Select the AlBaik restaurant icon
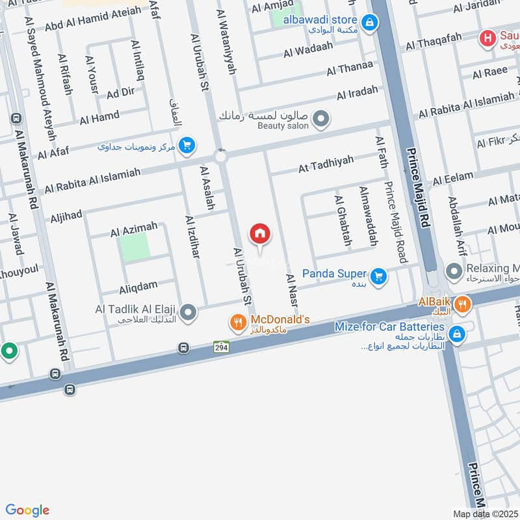(461, 303)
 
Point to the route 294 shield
(222, 348)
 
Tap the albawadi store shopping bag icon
(369, 23)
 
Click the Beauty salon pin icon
(320, 119)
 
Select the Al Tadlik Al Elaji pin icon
(188, 313)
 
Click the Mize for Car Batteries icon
(458, 333)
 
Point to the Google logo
(27, 510)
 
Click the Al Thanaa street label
(350, 67)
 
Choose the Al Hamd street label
(99, 118)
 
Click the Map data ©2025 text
(484, 514)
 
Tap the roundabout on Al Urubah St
(220, 155)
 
